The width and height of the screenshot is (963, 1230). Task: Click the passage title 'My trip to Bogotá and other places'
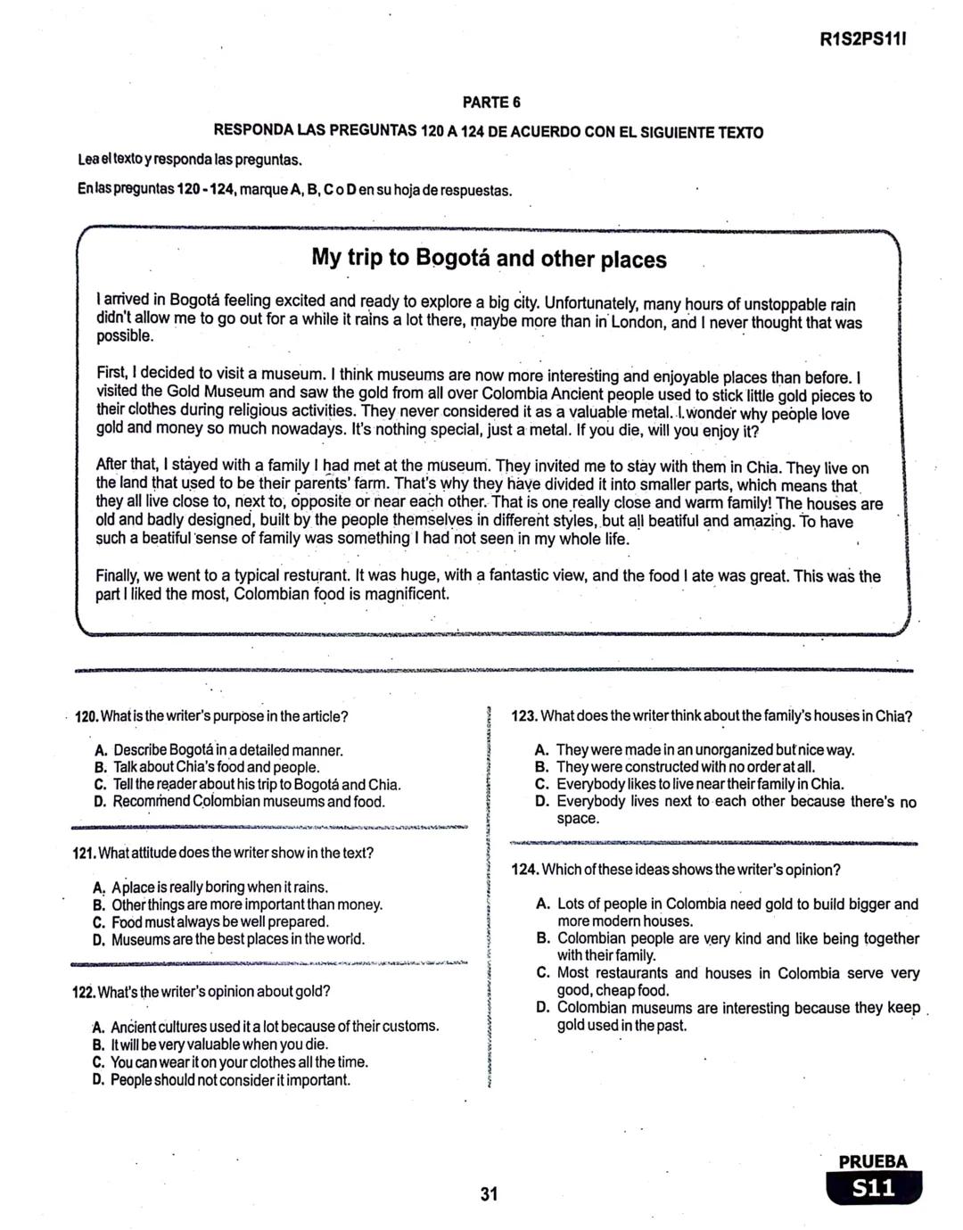point(489,259)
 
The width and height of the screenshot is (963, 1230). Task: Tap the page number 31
point(488,1194)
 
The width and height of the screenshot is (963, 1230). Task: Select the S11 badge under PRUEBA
point(873,1188)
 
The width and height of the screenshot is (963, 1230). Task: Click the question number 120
point(86,716)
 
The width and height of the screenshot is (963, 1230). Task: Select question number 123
point(525,716)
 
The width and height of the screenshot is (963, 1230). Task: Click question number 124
point(525,870)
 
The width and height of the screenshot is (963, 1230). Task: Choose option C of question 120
point(100,785)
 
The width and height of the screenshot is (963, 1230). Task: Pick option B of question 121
point(99,904)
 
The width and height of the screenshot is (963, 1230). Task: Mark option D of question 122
point(98,1080)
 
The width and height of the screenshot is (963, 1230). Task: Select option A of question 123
point(541,750)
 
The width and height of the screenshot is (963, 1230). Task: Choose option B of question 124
point(542,938)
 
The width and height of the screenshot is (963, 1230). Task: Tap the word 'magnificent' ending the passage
point(402,594)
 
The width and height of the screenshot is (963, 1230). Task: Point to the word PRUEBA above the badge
point(873,1161)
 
